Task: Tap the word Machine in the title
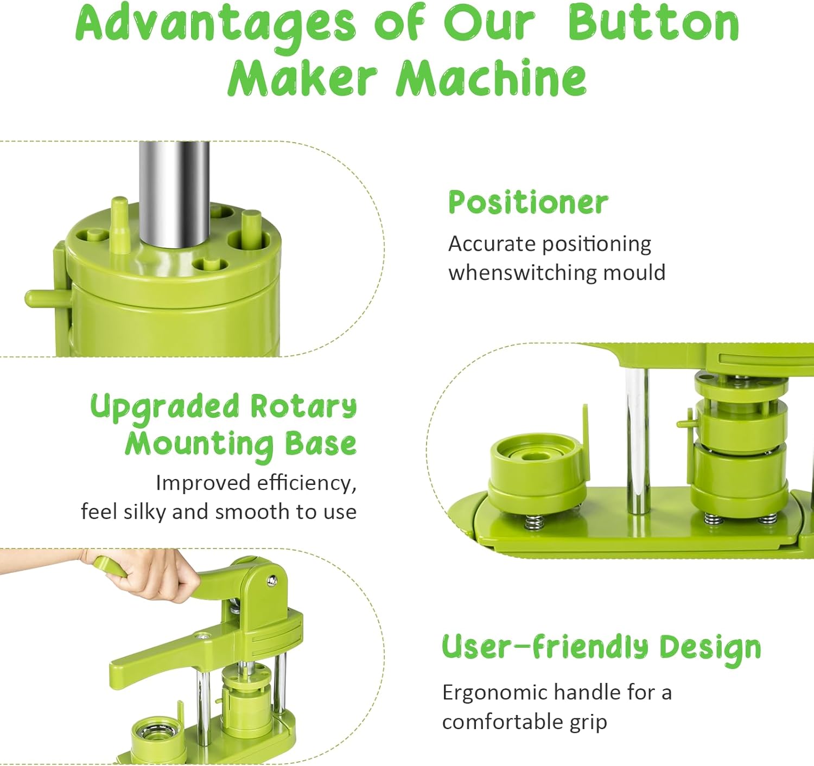coord(491,78)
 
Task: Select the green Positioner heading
coord(529,202)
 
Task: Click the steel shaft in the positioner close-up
coord(174,194)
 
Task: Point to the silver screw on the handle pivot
coord(271,580)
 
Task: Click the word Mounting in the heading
coord(199,444)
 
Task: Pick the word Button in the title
coord(653,24)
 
